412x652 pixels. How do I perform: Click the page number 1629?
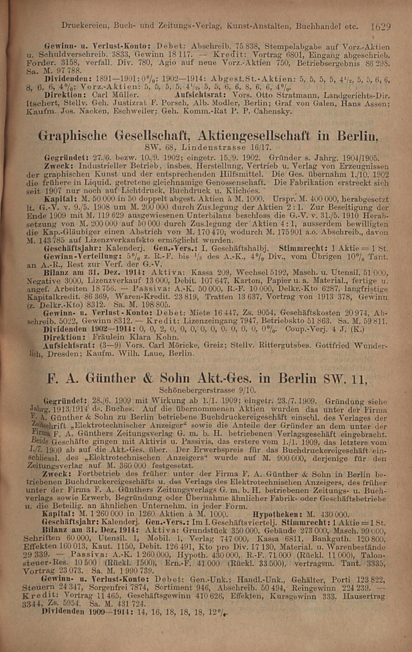380,27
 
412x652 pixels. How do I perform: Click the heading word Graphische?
73,136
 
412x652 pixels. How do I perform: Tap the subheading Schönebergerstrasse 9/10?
207,390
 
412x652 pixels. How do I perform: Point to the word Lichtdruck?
144,190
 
